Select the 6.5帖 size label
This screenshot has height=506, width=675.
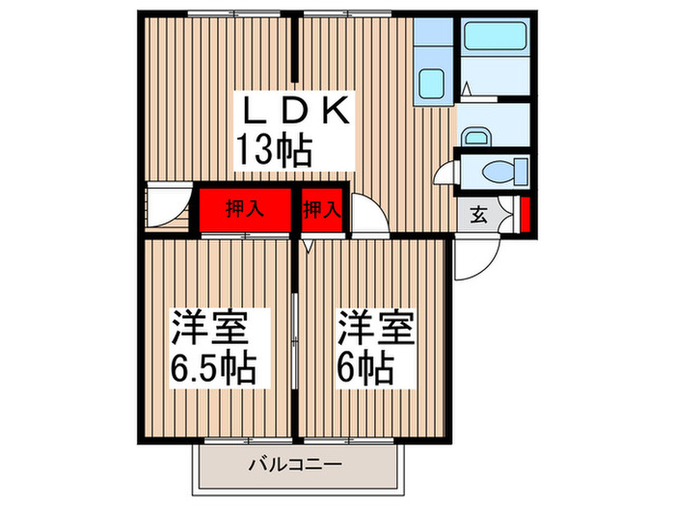214,367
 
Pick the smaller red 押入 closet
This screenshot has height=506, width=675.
322,209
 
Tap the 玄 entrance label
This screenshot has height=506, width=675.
478,215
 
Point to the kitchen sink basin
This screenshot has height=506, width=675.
430,85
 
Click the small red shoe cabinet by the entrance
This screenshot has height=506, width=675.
524,214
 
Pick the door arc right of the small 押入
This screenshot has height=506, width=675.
369,214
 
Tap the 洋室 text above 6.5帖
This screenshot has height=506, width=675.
211,329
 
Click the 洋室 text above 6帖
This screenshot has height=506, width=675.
375,329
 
